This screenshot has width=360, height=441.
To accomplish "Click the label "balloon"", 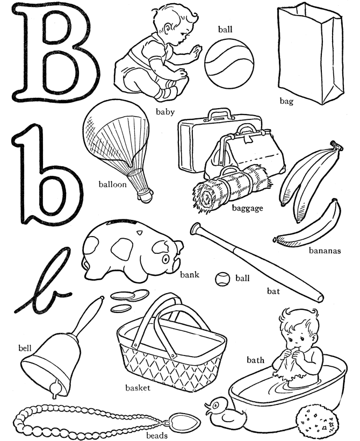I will (112, 184).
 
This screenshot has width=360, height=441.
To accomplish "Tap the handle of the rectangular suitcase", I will (220, 114).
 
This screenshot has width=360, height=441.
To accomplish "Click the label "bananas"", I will (325, 250).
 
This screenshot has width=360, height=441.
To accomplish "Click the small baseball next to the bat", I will (222, 279).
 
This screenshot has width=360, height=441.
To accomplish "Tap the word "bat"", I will (273, 291).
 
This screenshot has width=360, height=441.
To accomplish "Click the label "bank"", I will (190, 275).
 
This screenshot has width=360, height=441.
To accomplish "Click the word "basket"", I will (138, 387).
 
